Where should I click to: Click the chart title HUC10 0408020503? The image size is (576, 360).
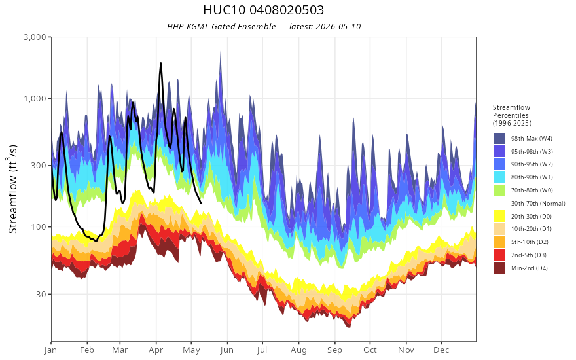[263, 10]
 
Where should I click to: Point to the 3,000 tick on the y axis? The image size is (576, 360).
[35, 37]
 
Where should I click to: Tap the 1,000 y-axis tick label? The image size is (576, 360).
[35, 98]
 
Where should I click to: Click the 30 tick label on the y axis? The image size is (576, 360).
[41, 294]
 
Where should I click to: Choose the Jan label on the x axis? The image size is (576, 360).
[51, 350]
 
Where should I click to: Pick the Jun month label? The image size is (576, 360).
[227, 350]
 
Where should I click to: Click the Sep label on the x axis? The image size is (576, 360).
[334, 350]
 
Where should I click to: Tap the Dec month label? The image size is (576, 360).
[441, 350]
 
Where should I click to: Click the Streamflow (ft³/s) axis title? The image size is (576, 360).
[12, 189]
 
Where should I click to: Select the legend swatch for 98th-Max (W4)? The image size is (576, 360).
[499, 139]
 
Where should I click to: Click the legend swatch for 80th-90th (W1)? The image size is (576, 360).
[499, 177]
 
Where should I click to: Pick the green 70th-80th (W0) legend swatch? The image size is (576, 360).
[499, 190]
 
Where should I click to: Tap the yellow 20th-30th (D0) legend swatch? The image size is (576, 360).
[499, 216]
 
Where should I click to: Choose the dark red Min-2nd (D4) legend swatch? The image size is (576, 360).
[499, 268]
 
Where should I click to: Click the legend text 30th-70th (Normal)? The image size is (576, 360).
[538, 203]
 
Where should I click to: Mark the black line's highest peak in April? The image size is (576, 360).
[160, 63]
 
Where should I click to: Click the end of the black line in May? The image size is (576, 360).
[201, 203]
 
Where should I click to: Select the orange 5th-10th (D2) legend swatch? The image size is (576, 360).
[499, 242]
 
